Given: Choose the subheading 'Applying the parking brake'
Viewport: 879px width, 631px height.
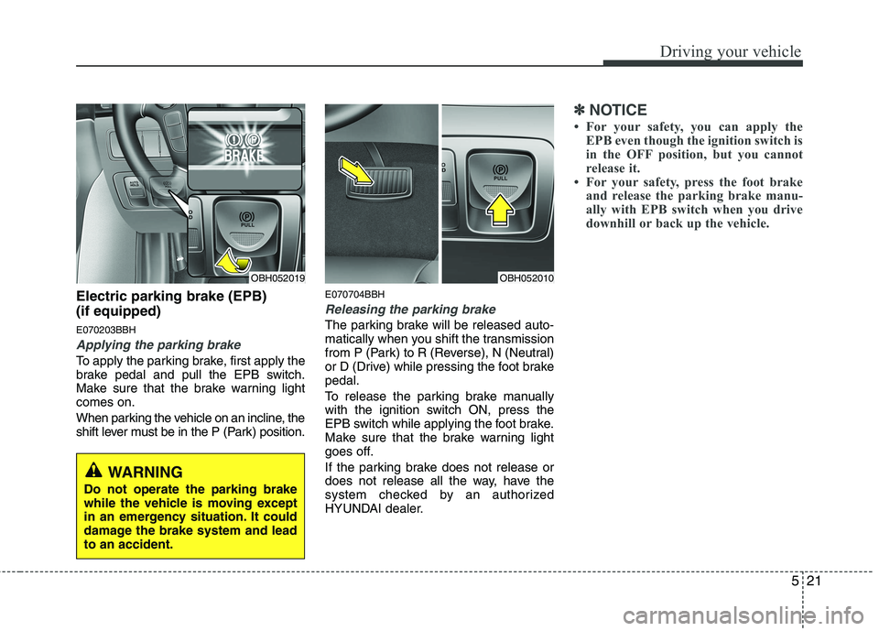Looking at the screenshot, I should pos(158,345).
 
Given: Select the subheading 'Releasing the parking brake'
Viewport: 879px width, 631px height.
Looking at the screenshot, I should pos(410,310).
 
